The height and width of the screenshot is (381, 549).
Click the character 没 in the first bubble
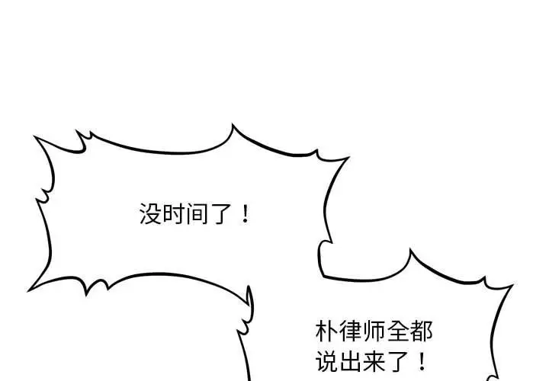pos(149,214)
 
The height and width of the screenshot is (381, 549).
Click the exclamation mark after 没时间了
pos(244,214)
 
